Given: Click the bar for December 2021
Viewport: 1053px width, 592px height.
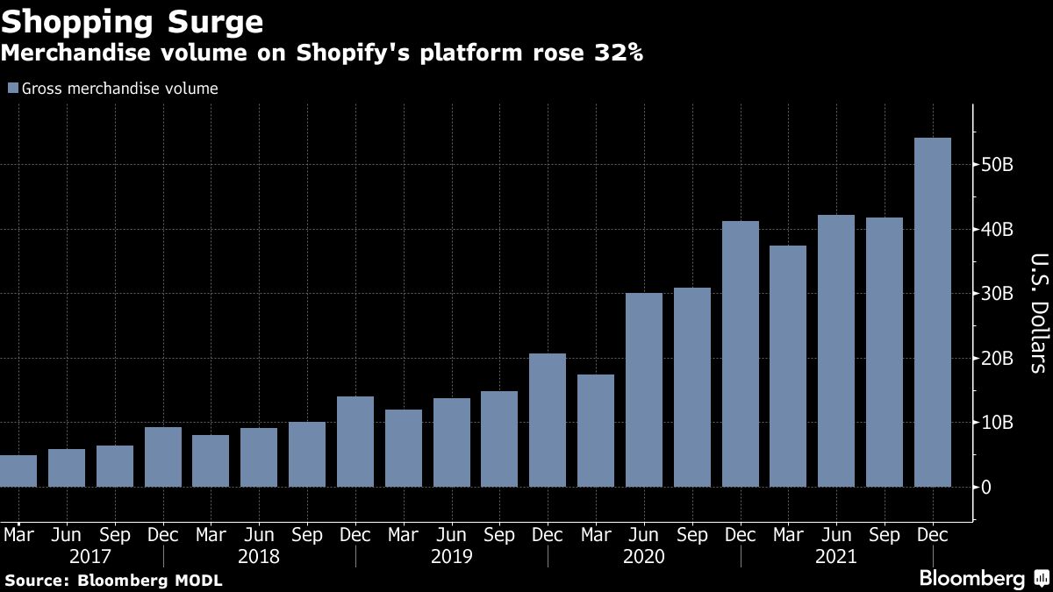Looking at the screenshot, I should click(932, 312).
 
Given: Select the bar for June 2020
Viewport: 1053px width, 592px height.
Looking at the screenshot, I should click(644, 390).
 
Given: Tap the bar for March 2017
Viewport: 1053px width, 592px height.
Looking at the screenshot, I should click(18, 471).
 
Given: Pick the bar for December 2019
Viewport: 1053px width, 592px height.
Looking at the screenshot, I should click(548, 420).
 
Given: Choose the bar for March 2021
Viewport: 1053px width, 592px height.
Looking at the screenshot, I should click(788, 367).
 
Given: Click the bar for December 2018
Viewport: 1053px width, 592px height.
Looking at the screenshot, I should click(355, 442).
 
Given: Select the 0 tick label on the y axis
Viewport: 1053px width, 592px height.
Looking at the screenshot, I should click(988, 488).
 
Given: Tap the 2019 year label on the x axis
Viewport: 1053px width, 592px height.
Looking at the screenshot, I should click(451, 557).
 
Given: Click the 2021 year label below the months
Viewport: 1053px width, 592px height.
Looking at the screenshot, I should click(835, 557).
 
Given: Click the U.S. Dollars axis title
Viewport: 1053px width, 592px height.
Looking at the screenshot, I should click(1037, 312).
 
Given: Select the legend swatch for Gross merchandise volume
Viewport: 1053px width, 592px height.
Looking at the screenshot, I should click(12, 89).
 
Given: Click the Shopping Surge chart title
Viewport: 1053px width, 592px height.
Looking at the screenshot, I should click(132, 20).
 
